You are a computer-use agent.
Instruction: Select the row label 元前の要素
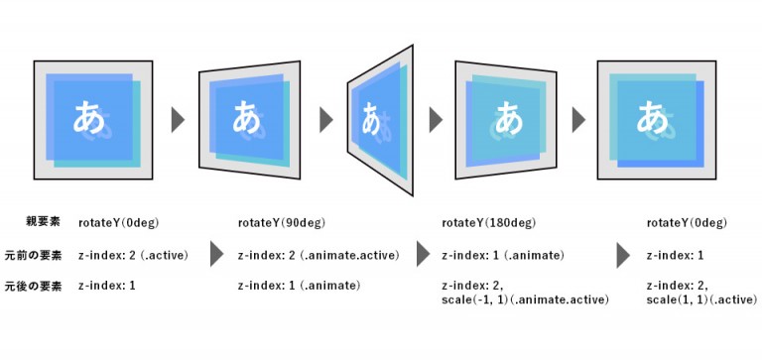tap(33, 255)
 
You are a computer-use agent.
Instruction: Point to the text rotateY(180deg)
tap(483, 222)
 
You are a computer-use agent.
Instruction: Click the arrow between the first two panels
tap(179, 120)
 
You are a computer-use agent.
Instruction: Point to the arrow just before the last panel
tap(577, 120)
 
